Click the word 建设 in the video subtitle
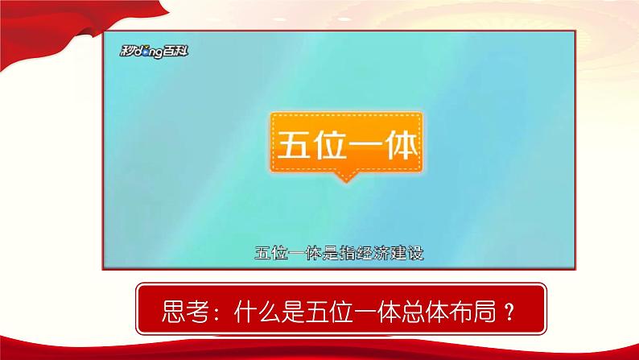tap(406, 252)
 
